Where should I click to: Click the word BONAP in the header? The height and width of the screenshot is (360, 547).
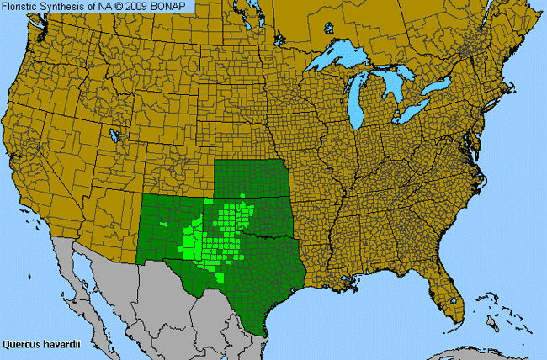[x=174, y=7]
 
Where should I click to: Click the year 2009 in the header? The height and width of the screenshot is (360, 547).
[x=142, y=7]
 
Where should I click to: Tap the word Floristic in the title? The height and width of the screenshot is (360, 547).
[x=24, y=7]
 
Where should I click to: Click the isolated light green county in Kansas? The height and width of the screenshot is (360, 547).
[x=243, y=195]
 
